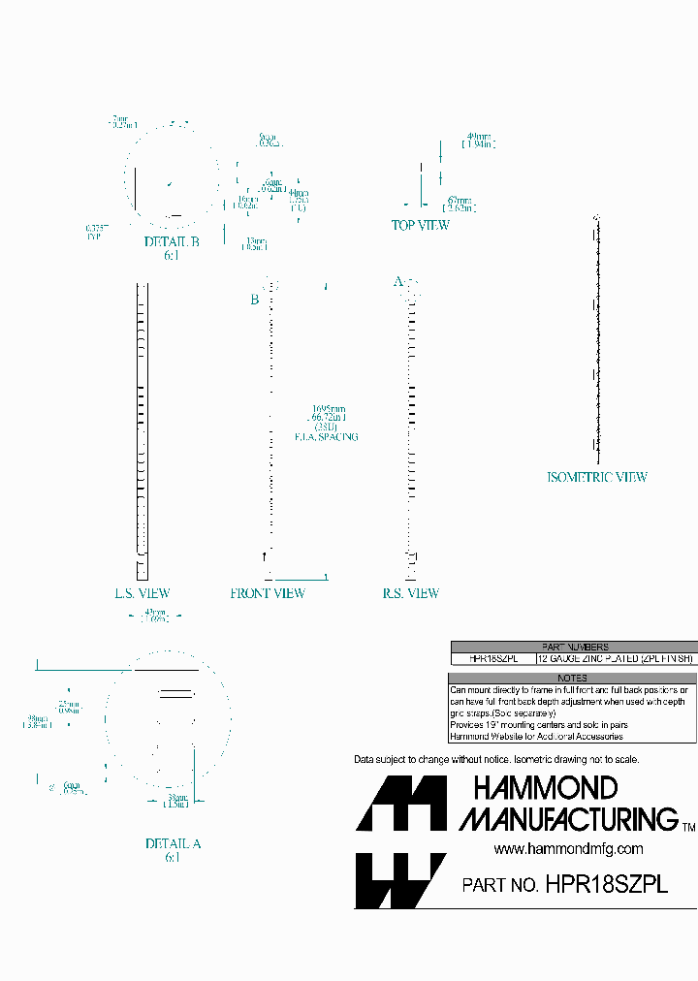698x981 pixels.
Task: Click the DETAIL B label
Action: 172,241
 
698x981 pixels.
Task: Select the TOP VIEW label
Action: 420,225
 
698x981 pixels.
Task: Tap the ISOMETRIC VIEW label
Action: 597,477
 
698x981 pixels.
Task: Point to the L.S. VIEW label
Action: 143,593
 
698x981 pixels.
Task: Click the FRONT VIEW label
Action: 268,593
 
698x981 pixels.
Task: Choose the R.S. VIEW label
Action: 410,593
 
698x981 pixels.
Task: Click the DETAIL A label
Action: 173,843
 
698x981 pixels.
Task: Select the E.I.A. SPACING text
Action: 327,437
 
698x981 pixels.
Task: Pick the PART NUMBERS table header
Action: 574,647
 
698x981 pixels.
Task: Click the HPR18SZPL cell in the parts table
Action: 493,658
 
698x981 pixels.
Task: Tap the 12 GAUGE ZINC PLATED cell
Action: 616,658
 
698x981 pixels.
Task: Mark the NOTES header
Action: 574,678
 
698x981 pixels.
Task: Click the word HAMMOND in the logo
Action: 546,788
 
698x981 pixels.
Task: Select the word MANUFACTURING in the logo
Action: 569,819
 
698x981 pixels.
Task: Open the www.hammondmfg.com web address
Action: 568,849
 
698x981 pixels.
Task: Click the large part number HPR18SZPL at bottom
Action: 607,884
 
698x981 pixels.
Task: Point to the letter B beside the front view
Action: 255,300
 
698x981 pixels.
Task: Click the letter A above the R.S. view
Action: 397,281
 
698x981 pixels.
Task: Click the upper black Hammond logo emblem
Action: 401,804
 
